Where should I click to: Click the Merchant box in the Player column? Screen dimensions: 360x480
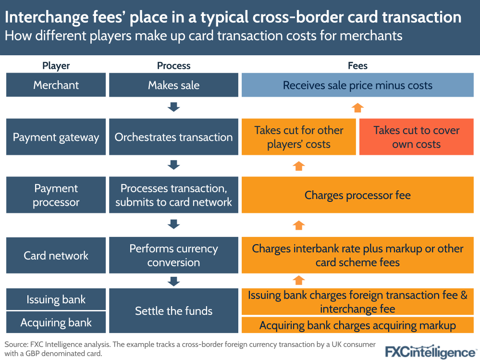[x=56, y=85]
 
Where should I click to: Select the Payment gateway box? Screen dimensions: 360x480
[x=56, y=137]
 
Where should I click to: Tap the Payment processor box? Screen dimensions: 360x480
[x=56, y=195]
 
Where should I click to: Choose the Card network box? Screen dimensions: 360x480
[x=56, y=255]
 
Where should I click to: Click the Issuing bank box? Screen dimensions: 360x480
[x=56, y=299]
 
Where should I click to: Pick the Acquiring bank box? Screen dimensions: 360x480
[x=56, y=322]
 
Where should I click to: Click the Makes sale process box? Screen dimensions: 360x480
[x=173, y=85]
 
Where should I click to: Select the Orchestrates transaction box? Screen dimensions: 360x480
[x=173, y=137]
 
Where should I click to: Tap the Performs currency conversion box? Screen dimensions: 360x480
[x=173, y=255]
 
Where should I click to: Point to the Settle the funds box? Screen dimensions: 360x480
[x=173, y=310]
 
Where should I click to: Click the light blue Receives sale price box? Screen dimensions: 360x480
[x=357, y=85]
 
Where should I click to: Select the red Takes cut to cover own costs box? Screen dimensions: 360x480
[x=416, y=137]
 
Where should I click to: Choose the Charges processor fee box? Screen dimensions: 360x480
[x=357, y=195]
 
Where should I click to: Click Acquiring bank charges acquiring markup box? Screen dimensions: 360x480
[x=357, y=325]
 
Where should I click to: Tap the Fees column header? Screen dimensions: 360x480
[x=357, y=66]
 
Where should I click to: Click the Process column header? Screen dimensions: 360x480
[x=173, y=66]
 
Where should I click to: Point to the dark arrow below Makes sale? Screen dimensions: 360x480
[x=173, y=107]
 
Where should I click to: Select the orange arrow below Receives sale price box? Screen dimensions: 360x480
[x=357, y=107]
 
